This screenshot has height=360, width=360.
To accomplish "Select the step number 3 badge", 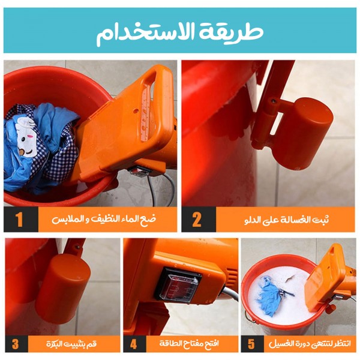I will [16, 344].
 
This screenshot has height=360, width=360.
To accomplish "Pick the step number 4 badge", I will [134, 344].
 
